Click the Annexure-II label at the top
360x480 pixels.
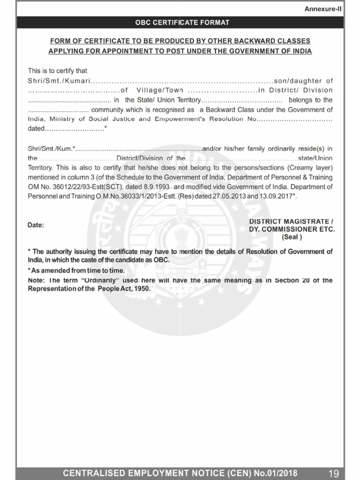pyautogui.click(x=323, y=9)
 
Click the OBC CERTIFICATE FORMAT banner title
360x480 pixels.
pyautogui.click(x=182, y=22)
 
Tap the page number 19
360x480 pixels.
pyautogui.click(x=334, y=473)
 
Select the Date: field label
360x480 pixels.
pyautogui.click(x=36, y=225)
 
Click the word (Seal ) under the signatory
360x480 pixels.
pyautogui.click(x=292, y=237)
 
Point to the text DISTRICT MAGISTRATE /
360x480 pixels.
pyautogui.click(x=291, y=221)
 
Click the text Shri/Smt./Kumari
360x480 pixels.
pyautogui.click(x=59, y=81)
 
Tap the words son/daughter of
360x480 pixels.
pyautogui.click(x=303, y=81)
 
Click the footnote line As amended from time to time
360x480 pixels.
pyautogui.click(x=77, y=270)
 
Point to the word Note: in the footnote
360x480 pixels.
pyautogui.click(x=37, y=280)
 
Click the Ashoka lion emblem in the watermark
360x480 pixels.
pyautogui.click(x=181, y=239)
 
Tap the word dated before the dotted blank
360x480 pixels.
pyautogui.click(x=37, y=128)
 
